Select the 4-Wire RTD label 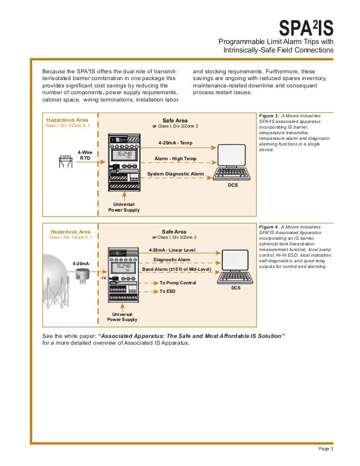point(85,155)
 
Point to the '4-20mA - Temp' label point(175,143)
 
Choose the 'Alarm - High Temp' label point(175,159)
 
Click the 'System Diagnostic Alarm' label point(175,174)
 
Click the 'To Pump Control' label point(178,282)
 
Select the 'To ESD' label point(168,292)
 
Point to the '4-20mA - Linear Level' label point(172,249)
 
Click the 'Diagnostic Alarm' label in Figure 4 point(172,259)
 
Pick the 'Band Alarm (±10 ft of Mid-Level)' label point(172,269)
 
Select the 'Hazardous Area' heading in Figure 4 point(70,231)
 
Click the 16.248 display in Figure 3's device point(124,154)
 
